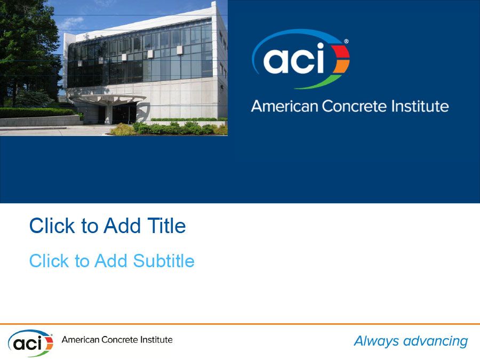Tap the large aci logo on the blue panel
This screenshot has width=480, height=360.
[300, 59]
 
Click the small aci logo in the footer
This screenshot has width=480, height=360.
[30, 343]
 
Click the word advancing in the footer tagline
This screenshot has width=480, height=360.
[436, 341]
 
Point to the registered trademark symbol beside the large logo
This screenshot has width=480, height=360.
[346, 41]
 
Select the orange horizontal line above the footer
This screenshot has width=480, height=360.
[240, 324]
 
